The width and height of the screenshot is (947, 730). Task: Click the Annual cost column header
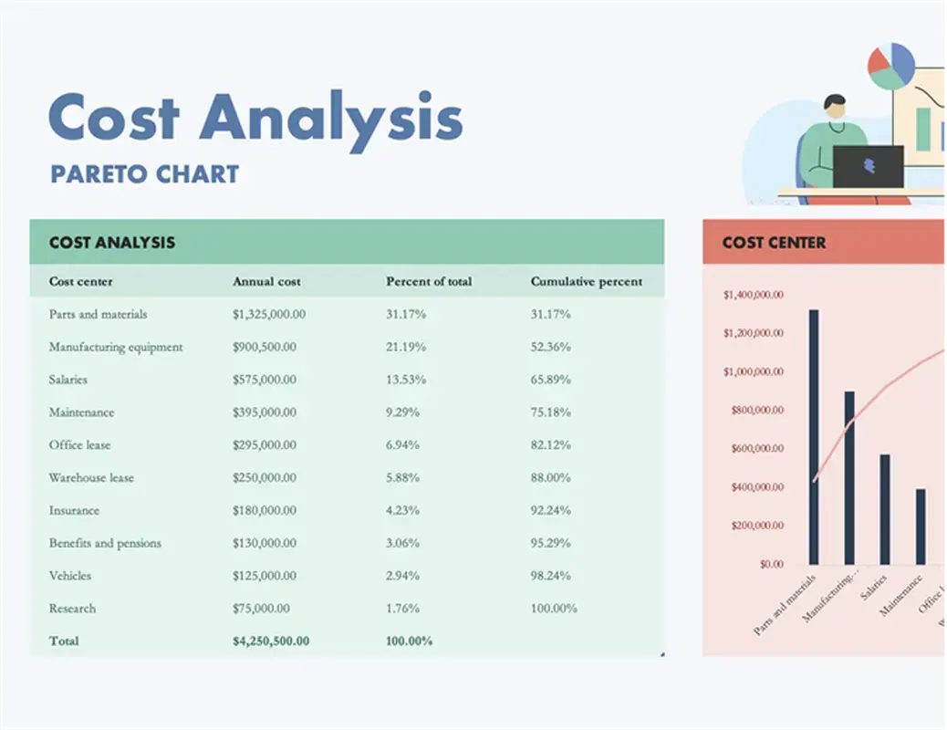pos(266,282)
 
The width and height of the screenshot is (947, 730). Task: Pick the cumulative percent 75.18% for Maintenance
pos(551,412)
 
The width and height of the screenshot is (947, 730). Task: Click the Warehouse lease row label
pos(91,478)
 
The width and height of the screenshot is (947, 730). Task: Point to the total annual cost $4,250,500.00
pos(271,641)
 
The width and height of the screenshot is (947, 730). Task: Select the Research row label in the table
pos(72,609)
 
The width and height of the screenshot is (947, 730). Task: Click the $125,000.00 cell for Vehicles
pos(265,576)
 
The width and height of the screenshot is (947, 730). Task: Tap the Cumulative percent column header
pos(587,282)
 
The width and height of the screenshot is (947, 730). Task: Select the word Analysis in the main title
pos(331,118)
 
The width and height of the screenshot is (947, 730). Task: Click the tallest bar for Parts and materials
pos(814,437)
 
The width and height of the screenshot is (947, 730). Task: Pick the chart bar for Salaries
pos(884,509)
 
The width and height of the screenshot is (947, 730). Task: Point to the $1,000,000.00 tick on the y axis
pos(753,371)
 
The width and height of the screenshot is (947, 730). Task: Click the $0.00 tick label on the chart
pos(770,564)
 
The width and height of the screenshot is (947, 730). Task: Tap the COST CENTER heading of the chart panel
pos(774,243)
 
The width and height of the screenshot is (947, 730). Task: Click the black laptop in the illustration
pos(868,167)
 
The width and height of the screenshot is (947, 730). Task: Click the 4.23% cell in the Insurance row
pos(403,511)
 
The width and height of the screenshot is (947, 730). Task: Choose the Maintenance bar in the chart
pos(921,527)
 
